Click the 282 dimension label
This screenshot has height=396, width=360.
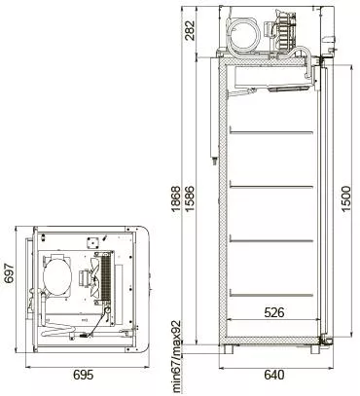190,30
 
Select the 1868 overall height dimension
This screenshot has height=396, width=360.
176,198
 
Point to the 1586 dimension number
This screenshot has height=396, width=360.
190,198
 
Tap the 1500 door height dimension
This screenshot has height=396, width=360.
346,198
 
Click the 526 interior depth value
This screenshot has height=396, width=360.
274,312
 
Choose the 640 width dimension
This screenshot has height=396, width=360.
274,375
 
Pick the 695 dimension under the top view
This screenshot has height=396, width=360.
84,375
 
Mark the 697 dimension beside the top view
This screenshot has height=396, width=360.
9,273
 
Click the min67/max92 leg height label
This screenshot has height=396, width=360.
176,356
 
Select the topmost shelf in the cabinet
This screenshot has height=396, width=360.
271,132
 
